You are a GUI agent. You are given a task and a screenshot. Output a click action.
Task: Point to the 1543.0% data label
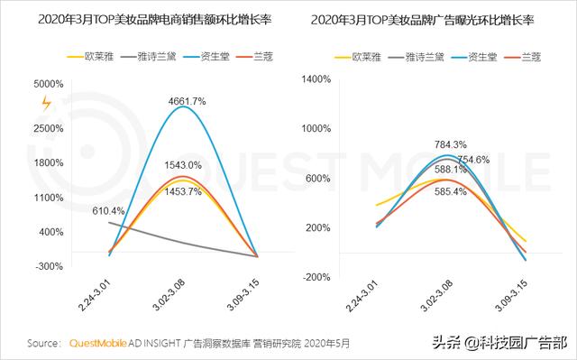pyautogui.click(x=184, y=166)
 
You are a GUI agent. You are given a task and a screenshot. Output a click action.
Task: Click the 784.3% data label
pyautogui.click(x=451, y=144)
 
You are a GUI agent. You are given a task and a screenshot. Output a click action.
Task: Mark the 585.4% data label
pyautogui.click(x=448, y=192)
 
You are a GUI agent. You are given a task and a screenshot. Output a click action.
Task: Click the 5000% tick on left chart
pyautogui.click(x=48, y=84)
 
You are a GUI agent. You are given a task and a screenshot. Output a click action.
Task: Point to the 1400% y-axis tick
pyautogui.click(x=319, y=79)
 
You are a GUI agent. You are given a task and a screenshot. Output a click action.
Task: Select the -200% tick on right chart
pyautogui.click(x=320, y=277)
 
